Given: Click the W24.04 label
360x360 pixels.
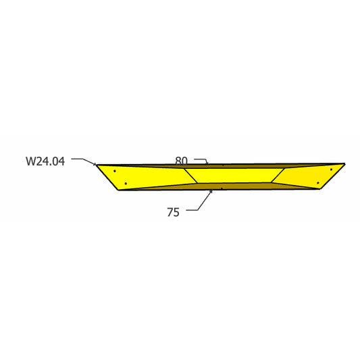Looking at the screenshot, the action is point(45,161).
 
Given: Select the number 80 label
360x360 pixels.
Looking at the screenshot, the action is point(182,161).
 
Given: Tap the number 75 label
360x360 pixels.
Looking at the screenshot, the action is point(173,212).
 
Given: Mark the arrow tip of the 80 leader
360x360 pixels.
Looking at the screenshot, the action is point(208,163).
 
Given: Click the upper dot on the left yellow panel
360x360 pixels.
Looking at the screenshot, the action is point(115,171).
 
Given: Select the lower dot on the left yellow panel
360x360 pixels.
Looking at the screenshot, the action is point(126,183).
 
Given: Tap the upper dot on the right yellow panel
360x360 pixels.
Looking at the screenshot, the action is point(331,170).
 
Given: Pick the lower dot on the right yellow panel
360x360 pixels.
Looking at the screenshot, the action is point(317,183).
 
